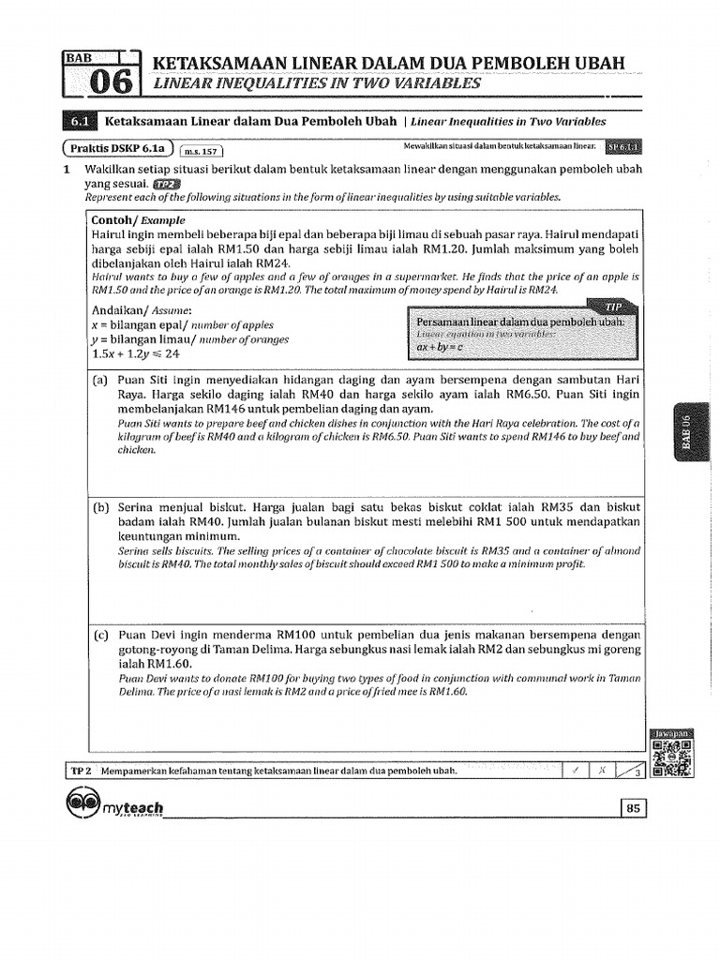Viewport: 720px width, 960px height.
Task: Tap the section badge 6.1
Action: (x=78, y=122)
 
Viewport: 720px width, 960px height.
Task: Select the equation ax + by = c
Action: (x=440, y=348)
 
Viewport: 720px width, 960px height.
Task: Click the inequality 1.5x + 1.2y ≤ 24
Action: (x=135, y=354)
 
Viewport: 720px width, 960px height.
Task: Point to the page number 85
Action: (x=633, y=809)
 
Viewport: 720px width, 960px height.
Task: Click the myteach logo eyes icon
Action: (x=87, y=803)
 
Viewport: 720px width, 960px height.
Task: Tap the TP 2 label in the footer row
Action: (x=79, y=770)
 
